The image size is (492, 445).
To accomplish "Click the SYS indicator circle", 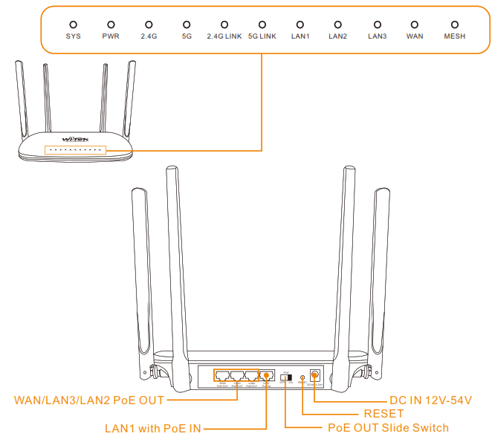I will (73, 25).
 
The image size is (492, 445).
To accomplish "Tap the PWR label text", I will (111, 36).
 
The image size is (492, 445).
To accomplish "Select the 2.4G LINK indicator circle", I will (224, 25).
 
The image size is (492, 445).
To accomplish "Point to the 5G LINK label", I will (262, 36).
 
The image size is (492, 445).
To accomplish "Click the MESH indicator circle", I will (454, 25).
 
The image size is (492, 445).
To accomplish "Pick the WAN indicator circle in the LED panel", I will (415, 25).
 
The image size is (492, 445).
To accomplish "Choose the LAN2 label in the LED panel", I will (337, 36).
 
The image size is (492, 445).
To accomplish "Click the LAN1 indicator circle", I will (300, 25).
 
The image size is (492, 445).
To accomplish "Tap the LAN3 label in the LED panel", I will (377, 36).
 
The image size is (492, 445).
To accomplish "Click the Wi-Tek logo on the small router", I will (75, 139).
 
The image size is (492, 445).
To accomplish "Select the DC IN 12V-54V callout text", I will (431, 400).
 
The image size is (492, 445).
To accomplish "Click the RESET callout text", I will (383, 414).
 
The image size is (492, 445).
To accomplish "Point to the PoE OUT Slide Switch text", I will (389, 428).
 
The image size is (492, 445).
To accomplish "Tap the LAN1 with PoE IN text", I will (153, 428).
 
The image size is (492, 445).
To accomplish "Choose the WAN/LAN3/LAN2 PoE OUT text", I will (89, 400).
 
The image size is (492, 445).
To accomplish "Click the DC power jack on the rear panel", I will (315, 376).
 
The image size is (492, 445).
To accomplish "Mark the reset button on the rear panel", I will (301, 377).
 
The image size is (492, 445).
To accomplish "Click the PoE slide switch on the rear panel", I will (285, 377).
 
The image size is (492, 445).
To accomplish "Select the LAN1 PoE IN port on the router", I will (267, 376).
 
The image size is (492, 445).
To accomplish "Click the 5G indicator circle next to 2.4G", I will (187, 25).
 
